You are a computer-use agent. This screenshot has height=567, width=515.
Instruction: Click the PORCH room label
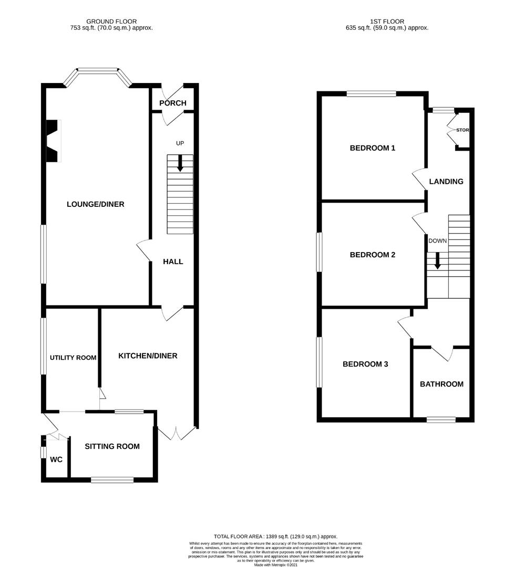click(x=173, y=103)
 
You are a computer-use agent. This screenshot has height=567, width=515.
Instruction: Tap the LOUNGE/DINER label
click(x=96, y=204)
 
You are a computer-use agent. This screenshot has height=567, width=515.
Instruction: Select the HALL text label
click(x=173, y=261)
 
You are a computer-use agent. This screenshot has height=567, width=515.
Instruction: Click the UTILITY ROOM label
click(x=73, y=358)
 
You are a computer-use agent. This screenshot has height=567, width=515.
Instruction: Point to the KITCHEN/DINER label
click(x=148, y=356)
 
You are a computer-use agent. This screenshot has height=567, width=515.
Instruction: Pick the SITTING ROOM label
click(x=112, y=446)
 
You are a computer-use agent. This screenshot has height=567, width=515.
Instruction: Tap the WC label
click(x=56, y=460)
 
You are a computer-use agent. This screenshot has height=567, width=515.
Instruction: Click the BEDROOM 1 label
click(x=373, y=148)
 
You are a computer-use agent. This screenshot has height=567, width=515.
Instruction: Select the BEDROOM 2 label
click(x=373, y=255)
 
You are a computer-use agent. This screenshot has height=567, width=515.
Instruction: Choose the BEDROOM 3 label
click(x=365, y=364)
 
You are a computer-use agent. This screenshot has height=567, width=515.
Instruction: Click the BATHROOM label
click(x=441, y=384)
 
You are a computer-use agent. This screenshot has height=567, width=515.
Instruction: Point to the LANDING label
click(x=446, y=182)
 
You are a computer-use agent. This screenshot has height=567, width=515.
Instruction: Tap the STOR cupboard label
click(x=462, y=130)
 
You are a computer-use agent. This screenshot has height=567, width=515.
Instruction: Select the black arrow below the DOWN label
click(x=437, y=261)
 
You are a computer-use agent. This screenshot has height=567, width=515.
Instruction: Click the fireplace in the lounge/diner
click(x=53, y=141)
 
